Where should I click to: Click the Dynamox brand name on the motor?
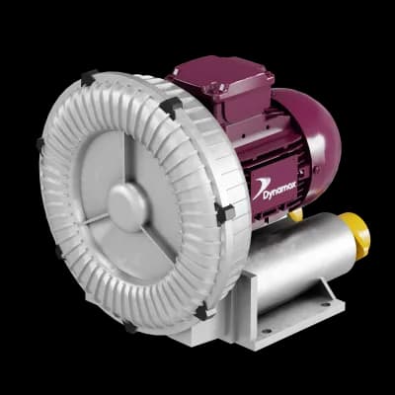279,191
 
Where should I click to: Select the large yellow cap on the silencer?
356,231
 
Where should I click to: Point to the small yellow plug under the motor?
296,215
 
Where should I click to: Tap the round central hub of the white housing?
127,206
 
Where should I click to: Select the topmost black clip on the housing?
89,78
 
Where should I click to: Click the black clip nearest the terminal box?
171,108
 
